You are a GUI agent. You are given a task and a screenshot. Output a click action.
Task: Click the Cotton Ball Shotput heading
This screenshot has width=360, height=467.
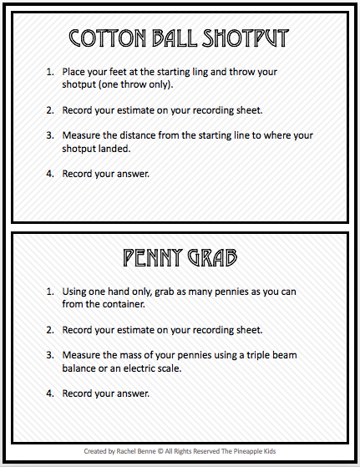coord(179,38)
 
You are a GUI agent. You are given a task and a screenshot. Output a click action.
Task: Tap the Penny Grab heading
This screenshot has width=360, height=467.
coord(180,257)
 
